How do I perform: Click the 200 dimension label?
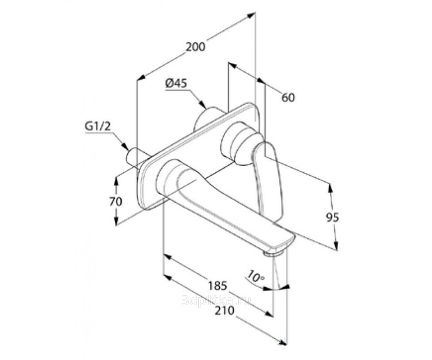coord(195,47)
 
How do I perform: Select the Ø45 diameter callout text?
coord(176,84)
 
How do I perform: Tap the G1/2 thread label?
coord(98,127)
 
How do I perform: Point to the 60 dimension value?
coord(288,98)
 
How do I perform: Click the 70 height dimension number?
coord(116,201)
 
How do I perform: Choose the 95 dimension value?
coord(332,217)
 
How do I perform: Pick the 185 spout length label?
coord(217,286)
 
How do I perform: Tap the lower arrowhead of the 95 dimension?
coord(336,245)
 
